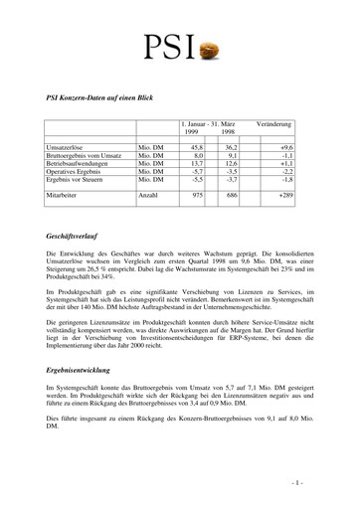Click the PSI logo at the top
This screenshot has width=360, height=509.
coord(178,46)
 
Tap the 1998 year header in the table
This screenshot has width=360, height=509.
coord(228,132)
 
